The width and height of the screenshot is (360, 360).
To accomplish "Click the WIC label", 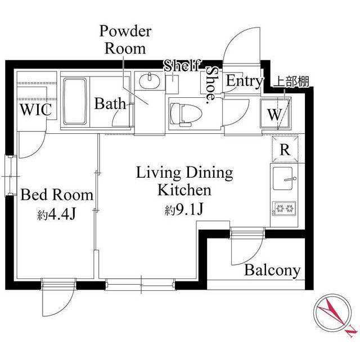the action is (x=36, y=110).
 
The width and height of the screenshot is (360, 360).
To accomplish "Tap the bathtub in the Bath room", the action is (x=75, y=101).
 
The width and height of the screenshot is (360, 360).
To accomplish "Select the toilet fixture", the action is (x=186, y=114).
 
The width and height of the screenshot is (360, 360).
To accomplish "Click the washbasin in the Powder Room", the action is (x=150, y=81).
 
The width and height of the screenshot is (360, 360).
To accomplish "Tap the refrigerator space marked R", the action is (x=285, y=149).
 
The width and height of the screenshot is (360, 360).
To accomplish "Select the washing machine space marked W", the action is (x=275, y=113).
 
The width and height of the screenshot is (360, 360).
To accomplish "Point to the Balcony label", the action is (x=272, y=271).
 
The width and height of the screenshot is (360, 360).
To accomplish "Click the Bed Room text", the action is (x=57, y=195).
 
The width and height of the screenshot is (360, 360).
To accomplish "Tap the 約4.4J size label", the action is (x=56, y=215).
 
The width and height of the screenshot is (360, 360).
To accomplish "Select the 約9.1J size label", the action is (x=184, y=209).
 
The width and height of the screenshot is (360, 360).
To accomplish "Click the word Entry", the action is (x=244, y=81).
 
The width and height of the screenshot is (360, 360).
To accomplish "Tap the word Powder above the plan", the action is (x=125, y=31).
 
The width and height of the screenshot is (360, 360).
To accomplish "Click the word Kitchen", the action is (x=184, y=190).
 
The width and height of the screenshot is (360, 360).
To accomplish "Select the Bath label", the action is (x=110, y=103).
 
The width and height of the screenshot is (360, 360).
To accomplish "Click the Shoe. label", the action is (x=211, y=85).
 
